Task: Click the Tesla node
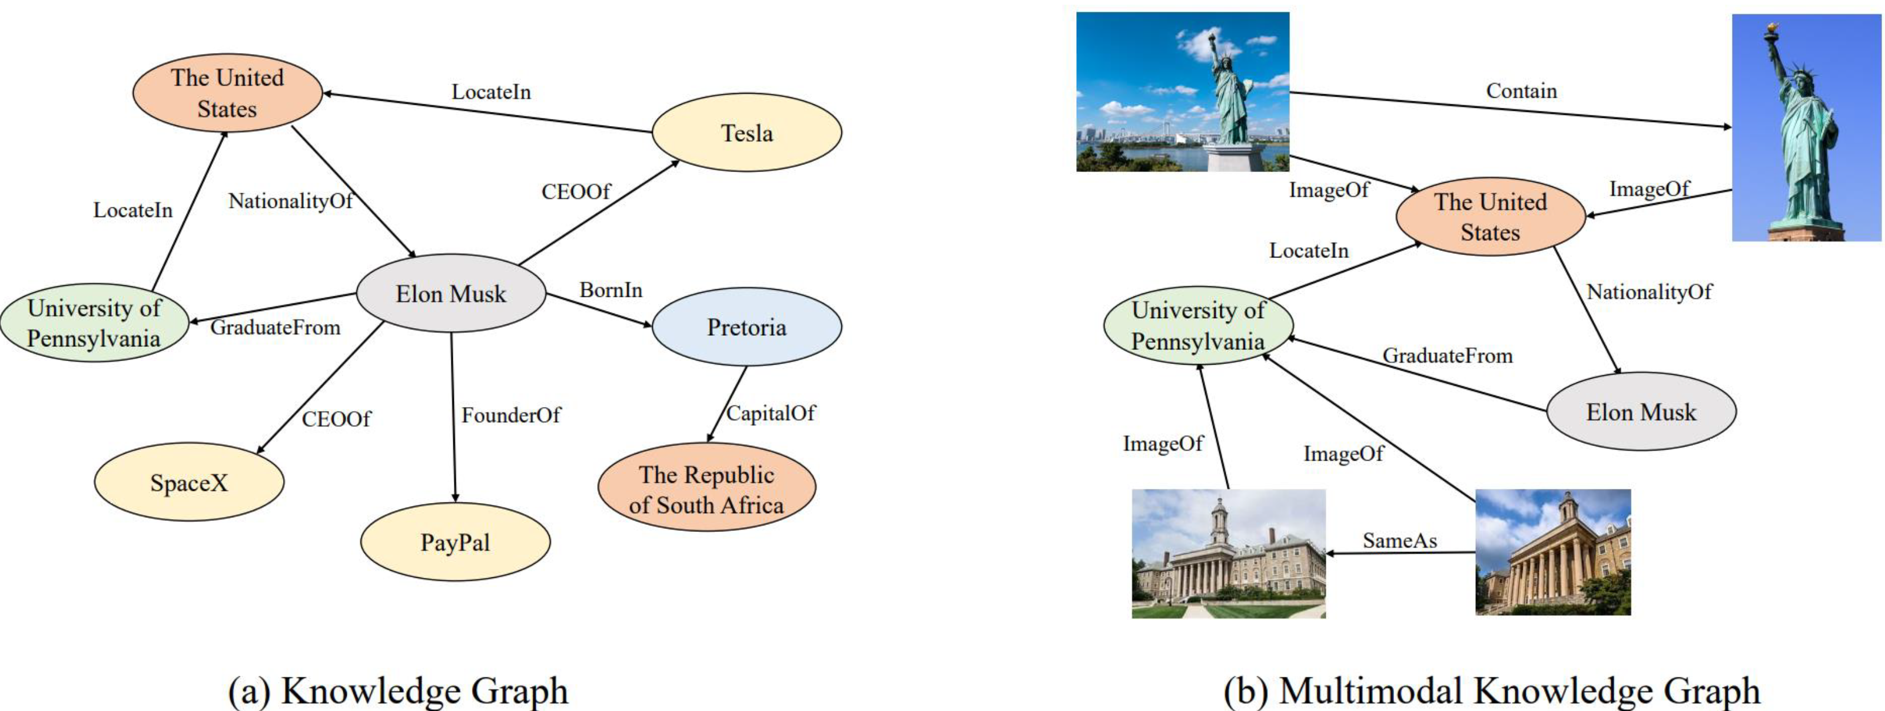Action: (746, 133)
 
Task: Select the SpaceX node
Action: (189, 482)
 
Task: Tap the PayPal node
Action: (454, 543)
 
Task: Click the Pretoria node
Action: (746, 326)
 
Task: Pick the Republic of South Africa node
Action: (706, 489)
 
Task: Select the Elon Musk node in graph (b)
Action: (1641, 412)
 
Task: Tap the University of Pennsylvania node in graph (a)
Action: (94, 323)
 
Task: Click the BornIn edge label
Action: (611, 290)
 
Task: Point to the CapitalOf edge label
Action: (771, 413)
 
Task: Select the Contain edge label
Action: (1521, 91)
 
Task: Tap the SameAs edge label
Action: (1399, 540)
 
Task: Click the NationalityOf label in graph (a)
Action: (290, 201)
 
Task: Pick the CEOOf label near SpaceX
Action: (337, 419)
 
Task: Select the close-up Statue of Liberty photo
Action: (1806, 128)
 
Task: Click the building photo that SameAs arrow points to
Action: (1228, 554)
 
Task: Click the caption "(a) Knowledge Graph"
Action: (398, 690)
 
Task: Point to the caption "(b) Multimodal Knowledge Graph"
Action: (1491, 690)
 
